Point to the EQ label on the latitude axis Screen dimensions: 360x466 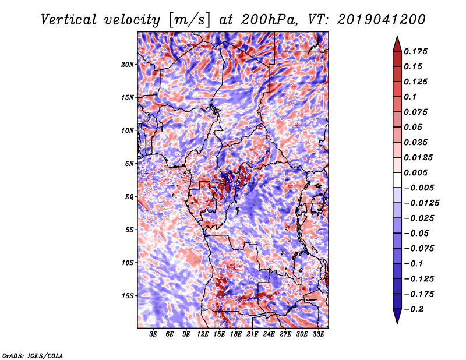pyautogui.click(x=129, y=197)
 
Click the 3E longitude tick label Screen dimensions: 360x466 pyautogui.click(x=154, y=334)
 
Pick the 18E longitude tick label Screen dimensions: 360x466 pyautogui.click(x=236, y=334)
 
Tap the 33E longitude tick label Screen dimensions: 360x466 pyautogui.click(x=318, y=334)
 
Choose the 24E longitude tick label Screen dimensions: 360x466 pyautogui.click(x=269, y=334)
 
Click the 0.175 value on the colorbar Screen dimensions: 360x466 pyautogui.click(x=418, y=51)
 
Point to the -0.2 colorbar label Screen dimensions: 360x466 pyautogui.click(x=415, y=309)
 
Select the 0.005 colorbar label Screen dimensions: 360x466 pyautogui.click(x=418, y=172)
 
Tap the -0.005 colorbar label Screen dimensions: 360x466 pyautogui.click(x=419, y=188)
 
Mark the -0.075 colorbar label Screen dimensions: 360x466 pyautogui.click(x=419, y=248)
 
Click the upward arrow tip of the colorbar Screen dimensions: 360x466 pyautogui.click(x=397, y=38)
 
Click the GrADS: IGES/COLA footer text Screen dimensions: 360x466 pyautogui.click(x=33, y=355)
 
